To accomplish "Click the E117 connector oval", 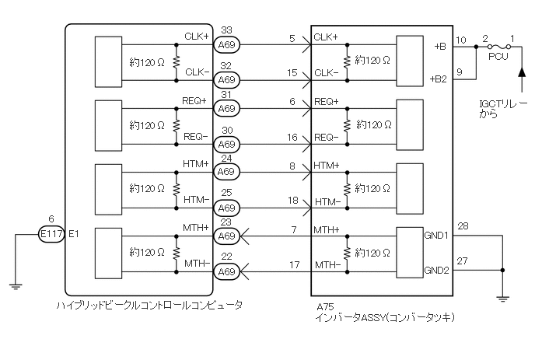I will [x=53, y=233].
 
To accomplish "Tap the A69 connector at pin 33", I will [x=226, y=47].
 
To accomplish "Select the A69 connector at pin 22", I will [x=226, y=271].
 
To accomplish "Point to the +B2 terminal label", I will [x=439, y=79].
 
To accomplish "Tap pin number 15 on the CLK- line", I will [x=293, y=72].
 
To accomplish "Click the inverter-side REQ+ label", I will [x=326, y=101].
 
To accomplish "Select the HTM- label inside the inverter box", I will [x=326, y=201].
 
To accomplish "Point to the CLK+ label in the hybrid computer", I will [x=196, y=36].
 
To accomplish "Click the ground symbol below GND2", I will [x=503, y=296].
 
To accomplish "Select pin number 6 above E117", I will [x=51, y=219].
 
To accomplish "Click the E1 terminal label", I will [x=75, y=233].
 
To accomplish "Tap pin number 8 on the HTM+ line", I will [x=293, y=166].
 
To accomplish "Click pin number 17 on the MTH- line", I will [x=293, y=264].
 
